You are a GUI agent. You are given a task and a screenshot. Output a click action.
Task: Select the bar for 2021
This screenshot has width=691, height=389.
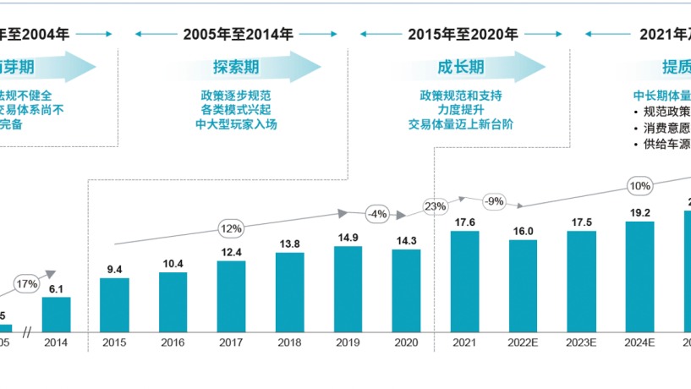(464, 280)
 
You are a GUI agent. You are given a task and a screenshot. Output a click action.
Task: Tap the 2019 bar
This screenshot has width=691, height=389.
(348, 288)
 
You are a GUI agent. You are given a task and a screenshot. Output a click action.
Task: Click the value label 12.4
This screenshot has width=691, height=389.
(231, 252)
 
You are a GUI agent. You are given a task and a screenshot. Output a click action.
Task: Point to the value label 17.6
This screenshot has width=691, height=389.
(464, 222)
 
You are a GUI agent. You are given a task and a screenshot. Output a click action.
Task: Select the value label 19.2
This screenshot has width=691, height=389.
(639, 213)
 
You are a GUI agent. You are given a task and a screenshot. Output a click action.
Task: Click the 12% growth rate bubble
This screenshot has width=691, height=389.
(231, 227)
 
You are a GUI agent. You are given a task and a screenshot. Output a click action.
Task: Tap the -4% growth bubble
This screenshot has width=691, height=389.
(376, 213)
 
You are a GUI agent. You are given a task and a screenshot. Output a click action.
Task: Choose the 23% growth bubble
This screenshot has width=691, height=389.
(435, 205)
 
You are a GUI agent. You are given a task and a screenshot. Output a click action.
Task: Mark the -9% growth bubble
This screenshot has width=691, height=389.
(494, 201)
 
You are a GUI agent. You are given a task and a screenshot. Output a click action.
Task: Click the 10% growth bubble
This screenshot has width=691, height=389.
(639, 186)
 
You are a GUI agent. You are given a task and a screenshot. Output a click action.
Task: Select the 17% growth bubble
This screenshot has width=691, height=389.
(26, 283)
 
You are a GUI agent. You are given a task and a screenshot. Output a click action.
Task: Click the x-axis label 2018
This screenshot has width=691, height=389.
(289, 343)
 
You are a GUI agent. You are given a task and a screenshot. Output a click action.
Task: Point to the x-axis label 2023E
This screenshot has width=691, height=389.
(581, 343)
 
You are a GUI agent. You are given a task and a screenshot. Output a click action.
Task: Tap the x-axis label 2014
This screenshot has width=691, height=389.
(56, 343)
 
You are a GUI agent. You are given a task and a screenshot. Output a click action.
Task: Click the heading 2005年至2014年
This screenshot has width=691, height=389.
(239, 34)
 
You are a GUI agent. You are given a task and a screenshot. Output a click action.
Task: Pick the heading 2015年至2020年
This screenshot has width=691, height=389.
(463, 34)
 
